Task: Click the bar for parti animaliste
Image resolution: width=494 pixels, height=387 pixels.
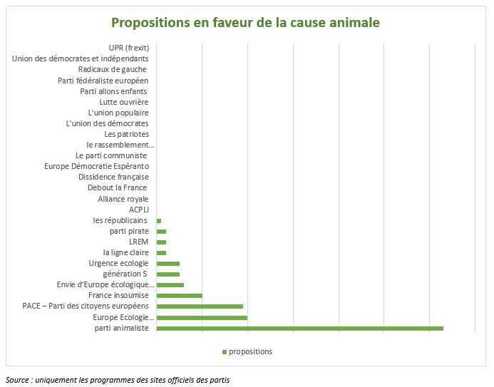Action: pyautogui.click(x=299, y=328)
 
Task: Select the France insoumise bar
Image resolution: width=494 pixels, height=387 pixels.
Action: pyautogui.click(x=179, y=296)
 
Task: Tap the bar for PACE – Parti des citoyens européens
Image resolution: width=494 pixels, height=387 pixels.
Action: pyautogui.click(x=200, y=306)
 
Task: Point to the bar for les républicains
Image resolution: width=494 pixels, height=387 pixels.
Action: pyautogui.click(x=159, y=221)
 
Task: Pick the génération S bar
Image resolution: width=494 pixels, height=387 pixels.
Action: pyautogui.click(x=168, y=274)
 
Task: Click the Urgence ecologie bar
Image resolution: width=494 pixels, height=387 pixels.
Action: pyautogui.click(x=168, y=264)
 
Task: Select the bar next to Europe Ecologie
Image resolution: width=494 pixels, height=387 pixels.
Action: pyautogui.click(x=202, y=317)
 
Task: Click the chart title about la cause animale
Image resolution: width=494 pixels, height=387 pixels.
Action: pyautogui.click(x=247, y=23)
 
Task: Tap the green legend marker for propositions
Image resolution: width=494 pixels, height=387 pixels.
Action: pyautogui.click(x=224, y=352)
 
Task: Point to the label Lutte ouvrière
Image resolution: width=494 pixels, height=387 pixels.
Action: pyautogui.click(x=123, y=102)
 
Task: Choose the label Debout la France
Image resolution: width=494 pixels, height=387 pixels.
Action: pyautogui.click(x=117, y=187)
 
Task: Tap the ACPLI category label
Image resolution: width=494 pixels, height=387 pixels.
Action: pyautogui.click(x=138, y=210)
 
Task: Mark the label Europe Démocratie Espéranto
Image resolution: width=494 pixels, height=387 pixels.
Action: pyautogui.click(x=96, y=166)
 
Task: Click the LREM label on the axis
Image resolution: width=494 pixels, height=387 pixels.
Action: pyautogui.click(x=138, y=242)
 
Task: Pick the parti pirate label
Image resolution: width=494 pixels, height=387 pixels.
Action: pyautogui.click(x=129, y=231)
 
